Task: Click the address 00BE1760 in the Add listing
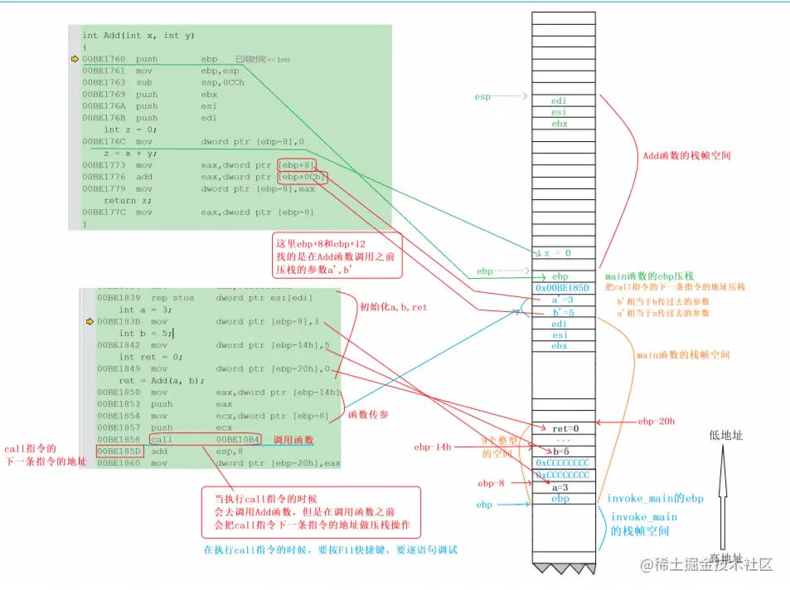tap(104, 59)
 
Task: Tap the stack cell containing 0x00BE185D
tap(562, 288)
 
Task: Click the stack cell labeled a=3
tap(562, 487)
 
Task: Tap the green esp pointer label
tap(482, 97)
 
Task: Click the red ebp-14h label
tap(433, 447)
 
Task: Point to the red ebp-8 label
tap(491, 482)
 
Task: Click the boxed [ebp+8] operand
tap(297, 165)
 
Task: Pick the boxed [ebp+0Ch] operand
tap(302, 177)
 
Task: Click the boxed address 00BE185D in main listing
tap(119, 451)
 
